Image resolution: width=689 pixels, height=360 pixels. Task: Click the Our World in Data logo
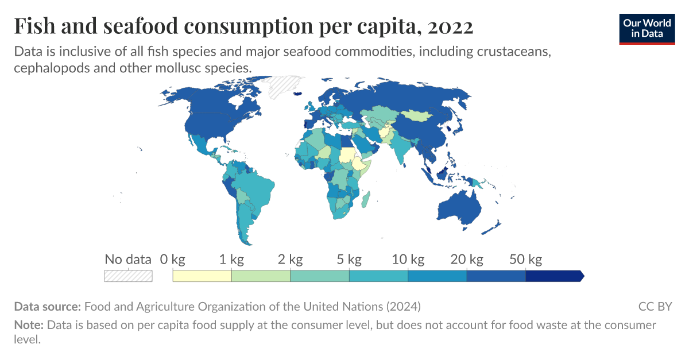647,29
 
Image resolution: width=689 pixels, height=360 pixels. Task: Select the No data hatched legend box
128,276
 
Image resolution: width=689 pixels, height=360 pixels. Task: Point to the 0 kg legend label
172,260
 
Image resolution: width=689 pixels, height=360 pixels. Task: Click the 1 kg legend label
231,260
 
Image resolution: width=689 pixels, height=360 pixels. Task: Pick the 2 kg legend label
291,260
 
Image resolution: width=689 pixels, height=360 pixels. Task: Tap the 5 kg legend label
349,260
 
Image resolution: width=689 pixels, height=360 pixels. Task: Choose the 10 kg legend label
408,260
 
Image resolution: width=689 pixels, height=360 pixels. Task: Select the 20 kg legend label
467,260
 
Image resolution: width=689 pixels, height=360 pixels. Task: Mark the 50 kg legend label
526,260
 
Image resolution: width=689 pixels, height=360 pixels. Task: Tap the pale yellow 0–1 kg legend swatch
202,276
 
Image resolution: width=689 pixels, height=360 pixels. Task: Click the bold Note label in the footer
28,325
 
